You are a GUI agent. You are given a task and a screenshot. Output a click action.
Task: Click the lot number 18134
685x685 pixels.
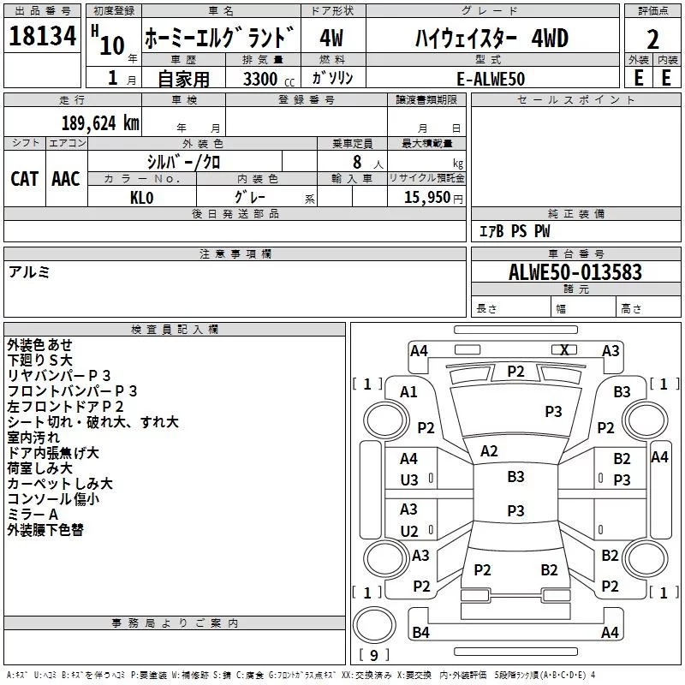42,36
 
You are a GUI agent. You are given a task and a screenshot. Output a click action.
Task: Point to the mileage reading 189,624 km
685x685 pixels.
100,123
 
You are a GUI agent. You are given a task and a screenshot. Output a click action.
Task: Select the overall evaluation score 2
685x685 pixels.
652,39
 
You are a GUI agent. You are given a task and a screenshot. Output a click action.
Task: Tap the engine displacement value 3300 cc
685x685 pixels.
268,79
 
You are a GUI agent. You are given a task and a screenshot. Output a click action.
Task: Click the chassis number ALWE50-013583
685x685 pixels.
575,272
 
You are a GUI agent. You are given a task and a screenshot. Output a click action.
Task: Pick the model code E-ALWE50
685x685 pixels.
491,79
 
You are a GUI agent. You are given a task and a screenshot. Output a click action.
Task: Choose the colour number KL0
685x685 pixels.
141,198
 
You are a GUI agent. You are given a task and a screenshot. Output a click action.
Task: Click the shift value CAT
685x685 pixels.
25,179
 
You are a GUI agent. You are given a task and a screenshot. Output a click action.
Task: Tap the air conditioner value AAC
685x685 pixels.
66,179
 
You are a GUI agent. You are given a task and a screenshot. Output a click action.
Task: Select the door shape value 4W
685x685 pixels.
331,38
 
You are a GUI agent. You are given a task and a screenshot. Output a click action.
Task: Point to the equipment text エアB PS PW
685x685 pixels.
515,230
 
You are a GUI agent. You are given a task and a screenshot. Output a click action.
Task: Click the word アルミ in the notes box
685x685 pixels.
29,272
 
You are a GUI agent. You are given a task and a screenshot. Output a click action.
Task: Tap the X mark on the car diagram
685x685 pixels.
564,350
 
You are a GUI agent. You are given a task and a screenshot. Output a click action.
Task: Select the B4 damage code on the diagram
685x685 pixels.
420,632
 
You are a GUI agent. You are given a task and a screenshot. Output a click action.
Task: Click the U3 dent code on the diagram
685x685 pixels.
409,480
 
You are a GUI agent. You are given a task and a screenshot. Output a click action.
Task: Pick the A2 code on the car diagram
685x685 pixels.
489,451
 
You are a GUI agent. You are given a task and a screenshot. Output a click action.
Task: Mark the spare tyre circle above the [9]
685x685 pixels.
374,625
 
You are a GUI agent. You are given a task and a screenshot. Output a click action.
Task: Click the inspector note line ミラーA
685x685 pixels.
33,515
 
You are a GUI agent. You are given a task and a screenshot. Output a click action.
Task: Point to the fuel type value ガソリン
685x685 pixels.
332,78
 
